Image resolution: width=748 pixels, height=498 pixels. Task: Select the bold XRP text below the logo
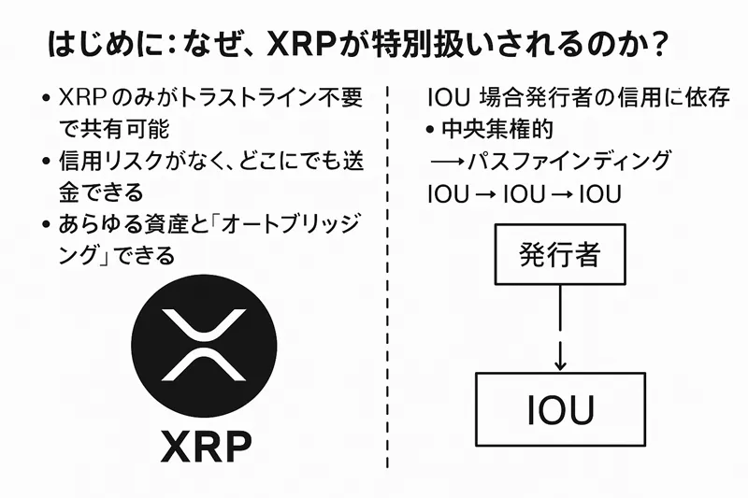(205, 447)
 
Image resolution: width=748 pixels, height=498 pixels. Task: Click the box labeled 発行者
(559, 255)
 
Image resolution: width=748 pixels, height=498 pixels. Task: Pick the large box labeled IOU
(559, 409)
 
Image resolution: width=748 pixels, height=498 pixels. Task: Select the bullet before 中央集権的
(431, 129)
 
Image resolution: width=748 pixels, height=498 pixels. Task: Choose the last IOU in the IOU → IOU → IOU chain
(601, 193)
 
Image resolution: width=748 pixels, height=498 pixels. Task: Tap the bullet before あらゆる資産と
(48, 224)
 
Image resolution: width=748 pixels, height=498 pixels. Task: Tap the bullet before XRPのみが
(48, 97)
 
